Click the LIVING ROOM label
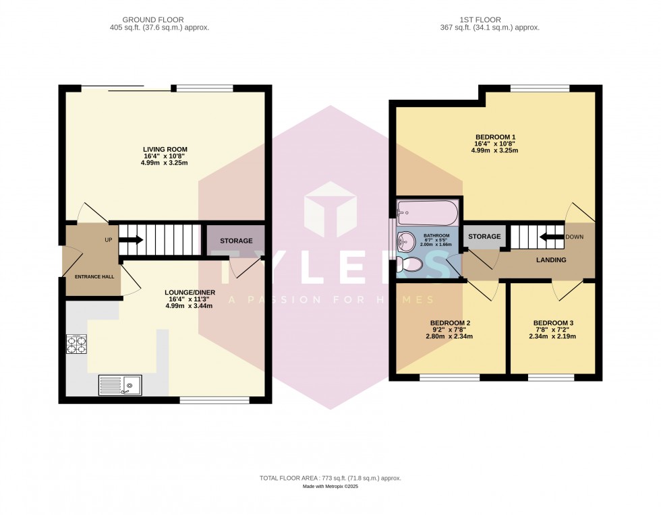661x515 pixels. (165, 149)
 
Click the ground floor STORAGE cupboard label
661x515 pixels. (236, 241)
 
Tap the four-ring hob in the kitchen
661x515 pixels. (76, 345)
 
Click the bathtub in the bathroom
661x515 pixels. (427, 213)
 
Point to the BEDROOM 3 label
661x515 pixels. (552, 322)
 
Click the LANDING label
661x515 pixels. (551, 260)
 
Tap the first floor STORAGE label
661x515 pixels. (485, 237)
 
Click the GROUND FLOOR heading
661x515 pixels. (159, 20)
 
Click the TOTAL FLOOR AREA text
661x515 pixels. (330, 478)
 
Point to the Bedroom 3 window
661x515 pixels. (551, 377)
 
